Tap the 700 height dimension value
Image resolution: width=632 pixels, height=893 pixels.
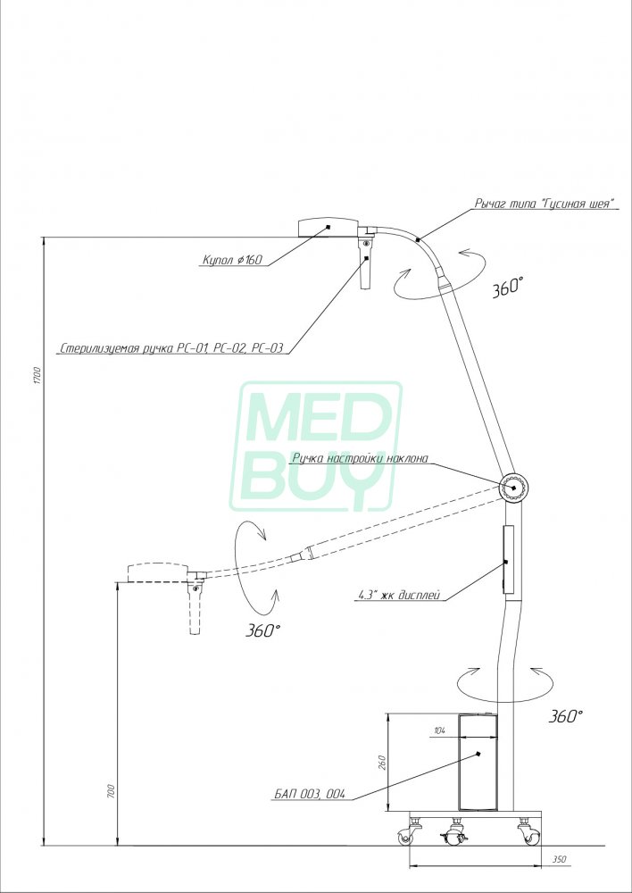point(111,790)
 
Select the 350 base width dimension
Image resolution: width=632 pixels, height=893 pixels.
point(559,859)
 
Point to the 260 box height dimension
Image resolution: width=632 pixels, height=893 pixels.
point(381,762)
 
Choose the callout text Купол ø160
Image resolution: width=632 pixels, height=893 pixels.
point(232,260)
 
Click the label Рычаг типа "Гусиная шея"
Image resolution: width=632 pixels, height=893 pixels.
point(545,204)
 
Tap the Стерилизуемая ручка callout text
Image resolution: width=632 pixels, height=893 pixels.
point(171,348)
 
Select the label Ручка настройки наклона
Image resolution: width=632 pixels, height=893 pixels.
point(359,457)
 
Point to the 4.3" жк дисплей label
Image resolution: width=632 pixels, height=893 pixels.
point(400,596)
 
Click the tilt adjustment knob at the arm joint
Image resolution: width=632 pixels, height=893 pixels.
point(515,488)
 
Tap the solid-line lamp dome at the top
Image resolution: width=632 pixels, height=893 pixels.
point(328,227)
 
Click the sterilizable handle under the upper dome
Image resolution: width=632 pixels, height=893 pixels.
point(365,263)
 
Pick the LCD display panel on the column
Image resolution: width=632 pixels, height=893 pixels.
point(508,560)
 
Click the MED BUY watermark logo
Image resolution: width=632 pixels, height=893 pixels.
point(316,446)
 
